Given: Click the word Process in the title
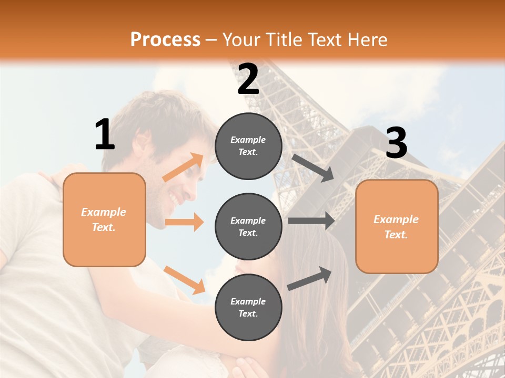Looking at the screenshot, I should tap(165, 40).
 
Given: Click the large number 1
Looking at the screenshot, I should tap(105, 134).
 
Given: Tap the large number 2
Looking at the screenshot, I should tap(248, 80).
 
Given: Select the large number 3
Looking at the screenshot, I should tap(396, 144).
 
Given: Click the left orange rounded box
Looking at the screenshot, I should tap(104, 219).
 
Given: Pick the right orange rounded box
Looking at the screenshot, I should tap(397, 226).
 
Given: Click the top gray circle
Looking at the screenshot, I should tap(248, 146).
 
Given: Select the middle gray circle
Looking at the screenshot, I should tap(248, 226).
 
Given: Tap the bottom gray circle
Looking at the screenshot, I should tap(248, 307).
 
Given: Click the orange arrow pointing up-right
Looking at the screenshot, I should tap(183, 167).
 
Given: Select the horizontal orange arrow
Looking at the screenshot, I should tap(184, 222).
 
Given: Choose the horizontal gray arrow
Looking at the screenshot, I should tap(311, 220).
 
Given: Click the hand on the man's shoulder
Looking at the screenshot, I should tap(60, 176).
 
